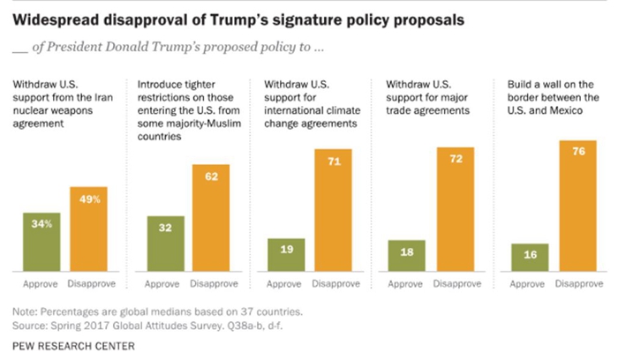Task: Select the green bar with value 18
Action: click(407, 255)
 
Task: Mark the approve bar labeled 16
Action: click(531, 257)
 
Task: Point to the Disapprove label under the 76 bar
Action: click(577, 286)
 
